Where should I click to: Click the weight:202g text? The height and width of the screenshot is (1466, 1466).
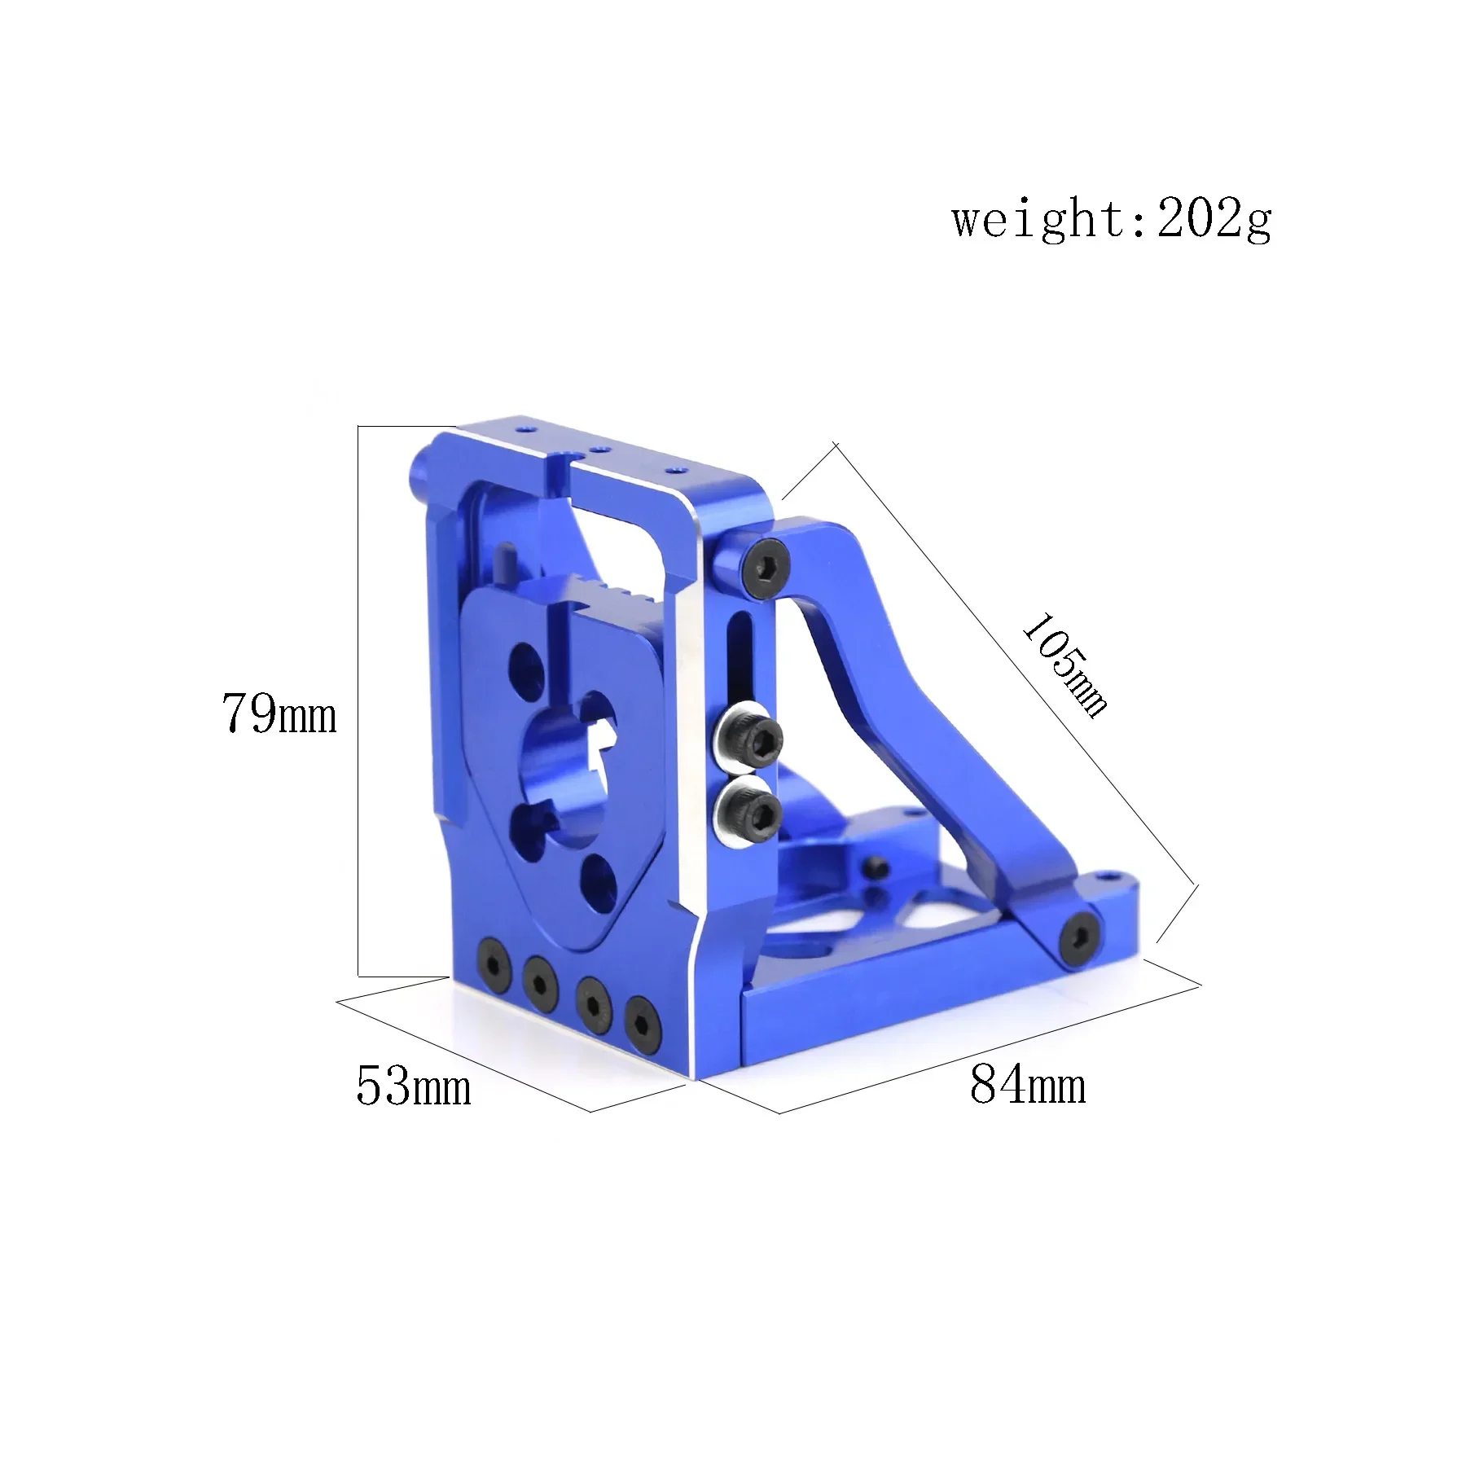click(x=1111, y=219)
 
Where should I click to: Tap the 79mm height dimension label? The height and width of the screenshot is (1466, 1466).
click(x=279, y=714)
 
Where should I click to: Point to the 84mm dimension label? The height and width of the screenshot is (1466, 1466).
click(x=1028, y=1084)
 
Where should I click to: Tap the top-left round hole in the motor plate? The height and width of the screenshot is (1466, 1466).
click(x=528, y=665)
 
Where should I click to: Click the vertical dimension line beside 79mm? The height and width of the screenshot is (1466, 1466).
click(x=358, y=700)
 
